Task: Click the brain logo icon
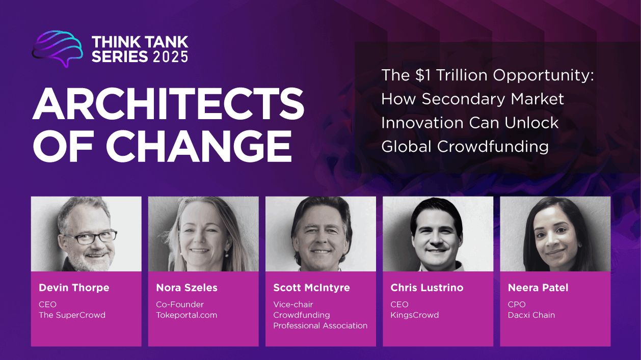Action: coord(57,49)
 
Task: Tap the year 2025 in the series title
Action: coord(170,57)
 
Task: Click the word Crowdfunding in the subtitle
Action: coord(493,147)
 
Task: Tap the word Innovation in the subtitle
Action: coord(422,123)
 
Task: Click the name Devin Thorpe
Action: coord(74,288)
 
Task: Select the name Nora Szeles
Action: coord(186,288)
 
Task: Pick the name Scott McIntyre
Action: coord(311,288)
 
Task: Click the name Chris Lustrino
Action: coord(426,288)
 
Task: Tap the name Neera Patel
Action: coord(538,288)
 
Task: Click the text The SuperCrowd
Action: coord(72,315)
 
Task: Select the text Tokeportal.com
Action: coord(186,315)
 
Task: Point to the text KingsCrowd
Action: coord(415,315)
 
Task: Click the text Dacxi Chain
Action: coord(531,315)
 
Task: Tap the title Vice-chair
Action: coord(293,304)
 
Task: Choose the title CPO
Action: coord(517,304)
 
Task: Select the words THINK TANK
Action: coord(140,42)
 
